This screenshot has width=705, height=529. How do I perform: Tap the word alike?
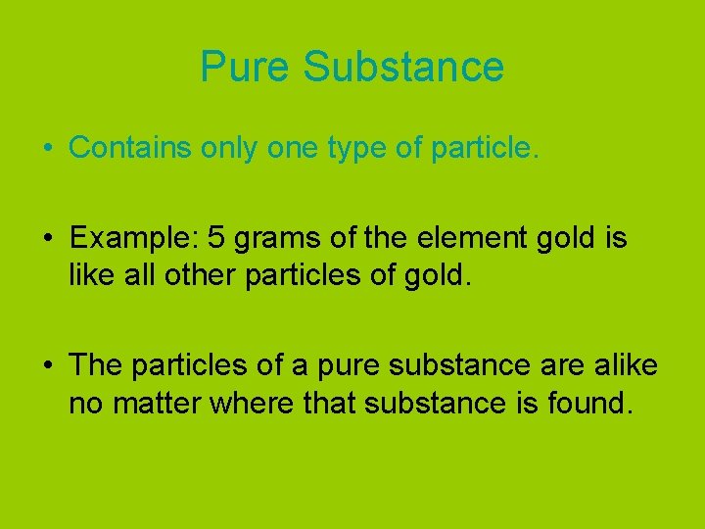pyautogui.click(x=624, y=365)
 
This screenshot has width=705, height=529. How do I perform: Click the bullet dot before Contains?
pyautogui.click(x=47, y=148)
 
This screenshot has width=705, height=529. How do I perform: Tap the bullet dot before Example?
pyautogui.click(x=47, y=239)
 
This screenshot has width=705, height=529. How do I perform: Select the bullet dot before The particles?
pyautogui.click(x=47, y=366)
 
